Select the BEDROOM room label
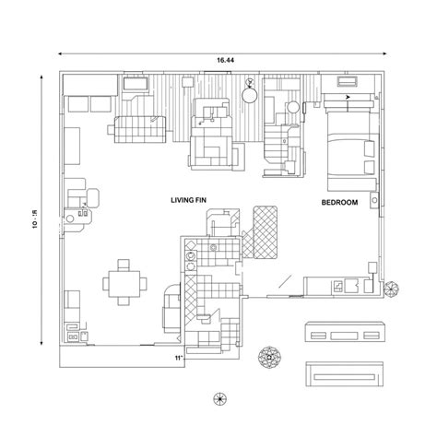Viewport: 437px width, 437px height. [339, 203]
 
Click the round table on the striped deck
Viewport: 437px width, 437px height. [250, 92]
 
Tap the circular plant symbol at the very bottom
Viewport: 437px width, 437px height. [219, 397]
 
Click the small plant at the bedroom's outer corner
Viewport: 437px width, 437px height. [390, 288]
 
